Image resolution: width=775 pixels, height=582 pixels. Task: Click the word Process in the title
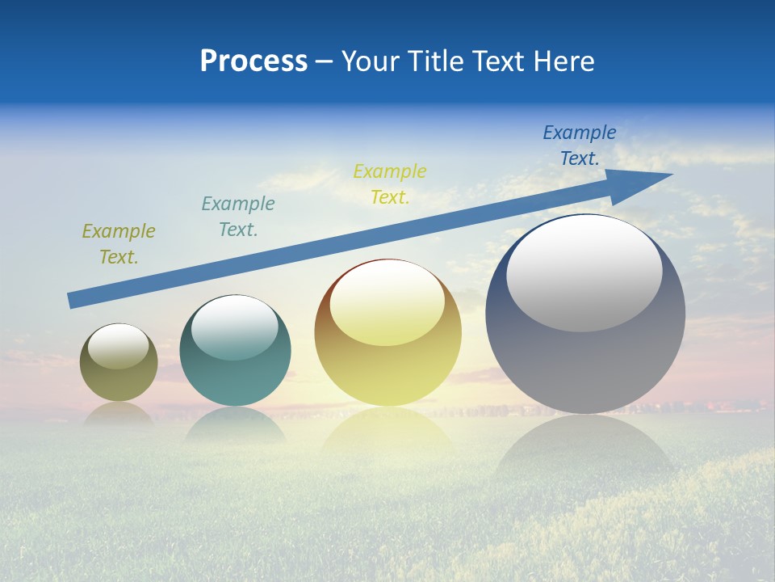tap(253, 61)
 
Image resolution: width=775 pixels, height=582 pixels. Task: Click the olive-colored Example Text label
tap(119, 244)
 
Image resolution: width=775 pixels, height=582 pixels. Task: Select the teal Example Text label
tap(238, 217)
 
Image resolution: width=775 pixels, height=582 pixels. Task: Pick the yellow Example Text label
tap(390, 183)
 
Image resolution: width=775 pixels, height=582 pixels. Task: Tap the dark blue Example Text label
tap(580, 145)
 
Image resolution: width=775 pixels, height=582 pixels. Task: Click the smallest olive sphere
tap(119, 380)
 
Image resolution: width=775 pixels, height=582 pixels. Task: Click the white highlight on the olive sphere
tap(119, 347)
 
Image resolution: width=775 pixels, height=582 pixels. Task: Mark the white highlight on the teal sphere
tap(235, 328)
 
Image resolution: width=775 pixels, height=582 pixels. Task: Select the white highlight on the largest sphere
tap(584, 273)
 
